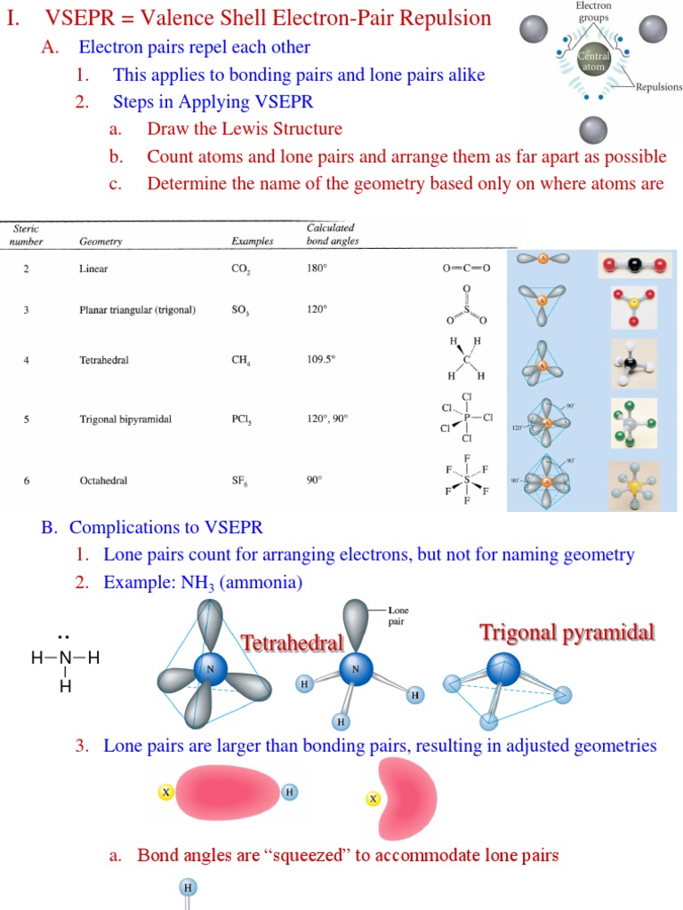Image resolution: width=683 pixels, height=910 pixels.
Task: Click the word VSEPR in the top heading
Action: tap(73, 18)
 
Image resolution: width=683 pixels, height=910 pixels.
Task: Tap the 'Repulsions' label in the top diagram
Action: tap(658, 87)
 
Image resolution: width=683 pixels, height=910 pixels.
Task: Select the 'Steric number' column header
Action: tap(26, 235)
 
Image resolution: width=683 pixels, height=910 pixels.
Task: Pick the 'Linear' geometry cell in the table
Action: tap(93, 267)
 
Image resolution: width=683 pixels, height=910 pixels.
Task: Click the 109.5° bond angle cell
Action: tap(321, 360)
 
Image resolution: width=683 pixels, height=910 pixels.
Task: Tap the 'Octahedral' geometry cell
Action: tap(103, 481)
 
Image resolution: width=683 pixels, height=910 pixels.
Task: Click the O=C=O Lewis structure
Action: tap(466, 267)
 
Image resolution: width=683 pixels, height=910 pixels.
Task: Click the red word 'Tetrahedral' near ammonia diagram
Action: tap(292, 643)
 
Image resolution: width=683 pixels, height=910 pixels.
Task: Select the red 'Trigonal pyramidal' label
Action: tap(567, 633)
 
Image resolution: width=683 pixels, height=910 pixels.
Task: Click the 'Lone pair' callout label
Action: tap(398, 616)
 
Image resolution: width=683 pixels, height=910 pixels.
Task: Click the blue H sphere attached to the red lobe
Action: tap(289, 792)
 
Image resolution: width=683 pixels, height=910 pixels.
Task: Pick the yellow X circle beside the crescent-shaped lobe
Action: tap(374, 799)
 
